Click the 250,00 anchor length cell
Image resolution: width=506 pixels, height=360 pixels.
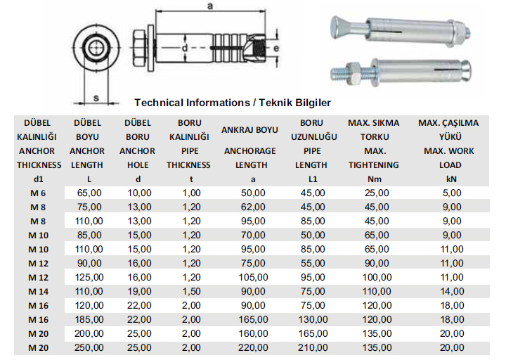pos(89,348)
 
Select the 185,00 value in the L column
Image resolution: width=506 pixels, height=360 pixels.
pos(89,320)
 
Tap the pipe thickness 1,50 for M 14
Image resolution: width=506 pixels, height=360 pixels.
pos(191,292)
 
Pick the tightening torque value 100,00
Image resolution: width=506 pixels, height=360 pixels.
pos(377,277)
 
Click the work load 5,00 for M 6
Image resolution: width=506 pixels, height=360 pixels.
pos(452,193)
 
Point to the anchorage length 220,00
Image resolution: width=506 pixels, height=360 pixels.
pos(253,348)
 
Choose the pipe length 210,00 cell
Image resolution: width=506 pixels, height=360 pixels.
pos(313,348)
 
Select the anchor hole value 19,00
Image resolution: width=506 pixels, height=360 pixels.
pos(139,292)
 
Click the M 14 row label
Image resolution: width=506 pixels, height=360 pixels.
pos(38,292)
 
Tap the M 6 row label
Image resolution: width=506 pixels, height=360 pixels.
pos(38,193)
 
